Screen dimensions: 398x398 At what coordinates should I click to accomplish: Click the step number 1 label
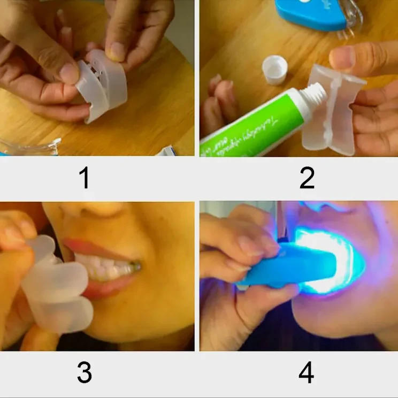[84, 178]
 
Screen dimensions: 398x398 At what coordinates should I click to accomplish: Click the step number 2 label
[307, 178]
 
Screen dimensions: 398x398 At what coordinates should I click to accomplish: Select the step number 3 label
[84, 373]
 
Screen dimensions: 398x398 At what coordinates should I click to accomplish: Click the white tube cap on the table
[275, 70]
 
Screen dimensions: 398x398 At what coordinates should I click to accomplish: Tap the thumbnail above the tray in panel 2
[342, 57]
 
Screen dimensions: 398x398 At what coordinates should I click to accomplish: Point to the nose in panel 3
[96, 211]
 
